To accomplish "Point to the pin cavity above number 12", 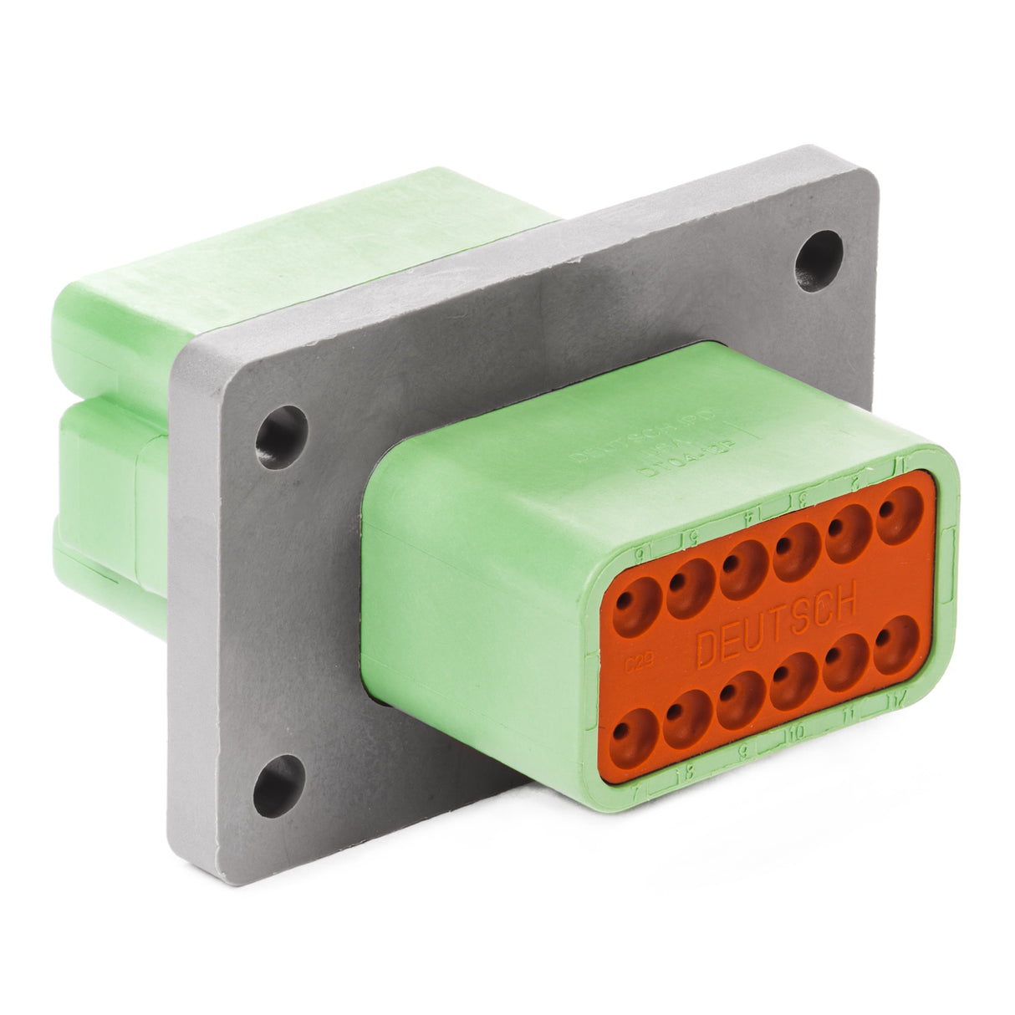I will (x=898, y=645).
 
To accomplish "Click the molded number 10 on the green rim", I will (x=795, y=733).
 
